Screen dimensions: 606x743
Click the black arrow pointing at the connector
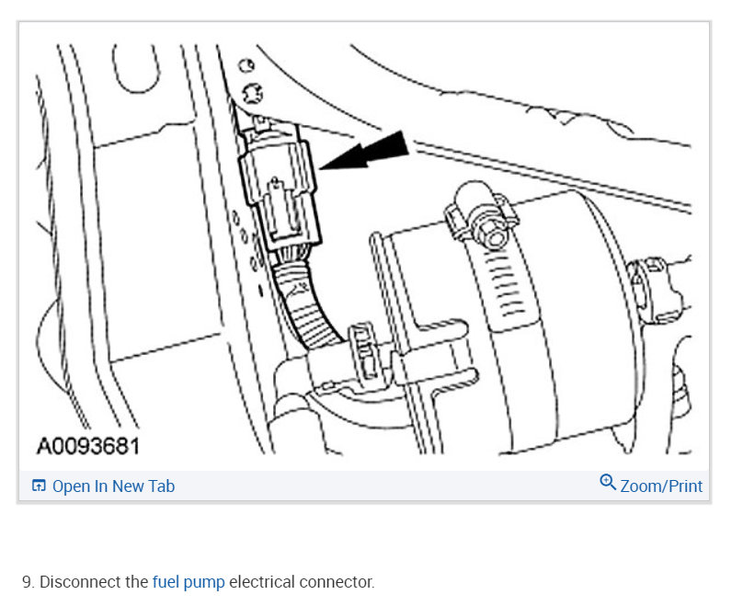pos(368,153)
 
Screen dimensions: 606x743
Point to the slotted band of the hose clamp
pos(505,276)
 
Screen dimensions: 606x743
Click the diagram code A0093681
pos(87,447)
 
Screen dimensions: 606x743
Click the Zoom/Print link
pos(660,486)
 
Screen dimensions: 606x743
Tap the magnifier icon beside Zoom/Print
pos(608,483)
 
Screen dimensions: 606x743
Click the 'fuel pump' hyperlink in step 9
pos(189,582)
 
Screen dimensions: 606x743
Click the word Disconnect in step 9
pos(81,582)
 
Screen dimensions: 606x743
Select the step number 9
pos(27,582)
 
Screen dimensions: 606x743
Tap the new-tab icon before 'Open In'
pos(39,486)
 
